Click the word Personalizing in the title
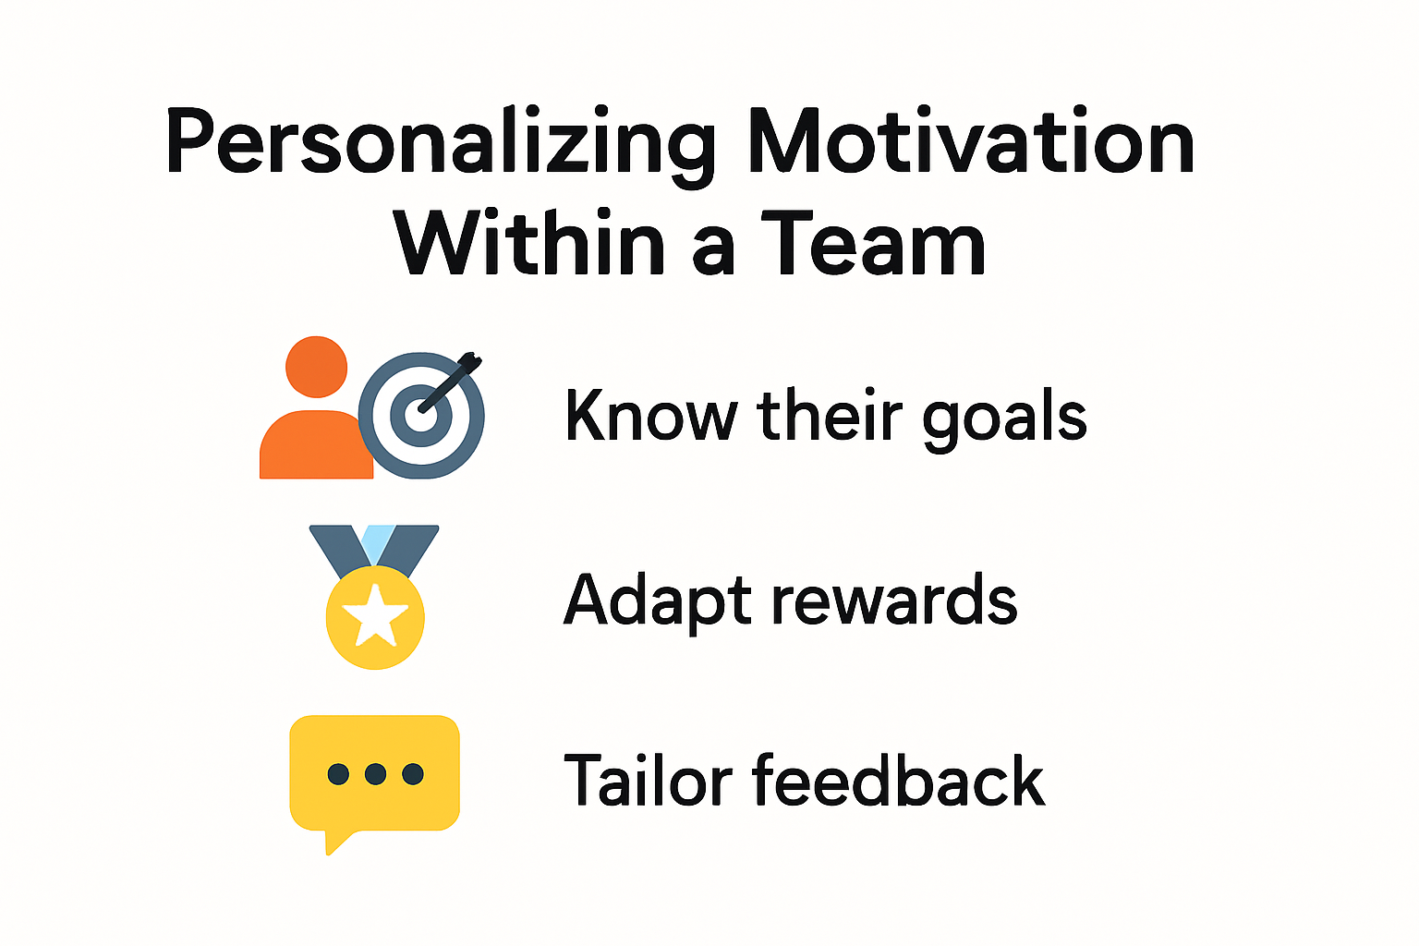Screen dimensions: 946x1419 click(x=441, y=143)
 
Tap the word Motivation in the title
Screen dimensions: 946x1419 click(x=970, y=143)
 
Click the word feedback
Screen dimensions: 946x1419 click(x=898, y=781)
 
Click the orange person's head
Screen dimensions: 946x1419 click(x=316, y=367)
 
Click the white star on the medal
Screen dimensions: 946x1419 click(x=375, y=616)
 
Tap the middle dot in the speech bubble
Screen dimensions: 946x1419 click(x=375, y=773)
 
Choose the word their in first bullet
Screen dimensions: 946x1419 click(x=829, y=416)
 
